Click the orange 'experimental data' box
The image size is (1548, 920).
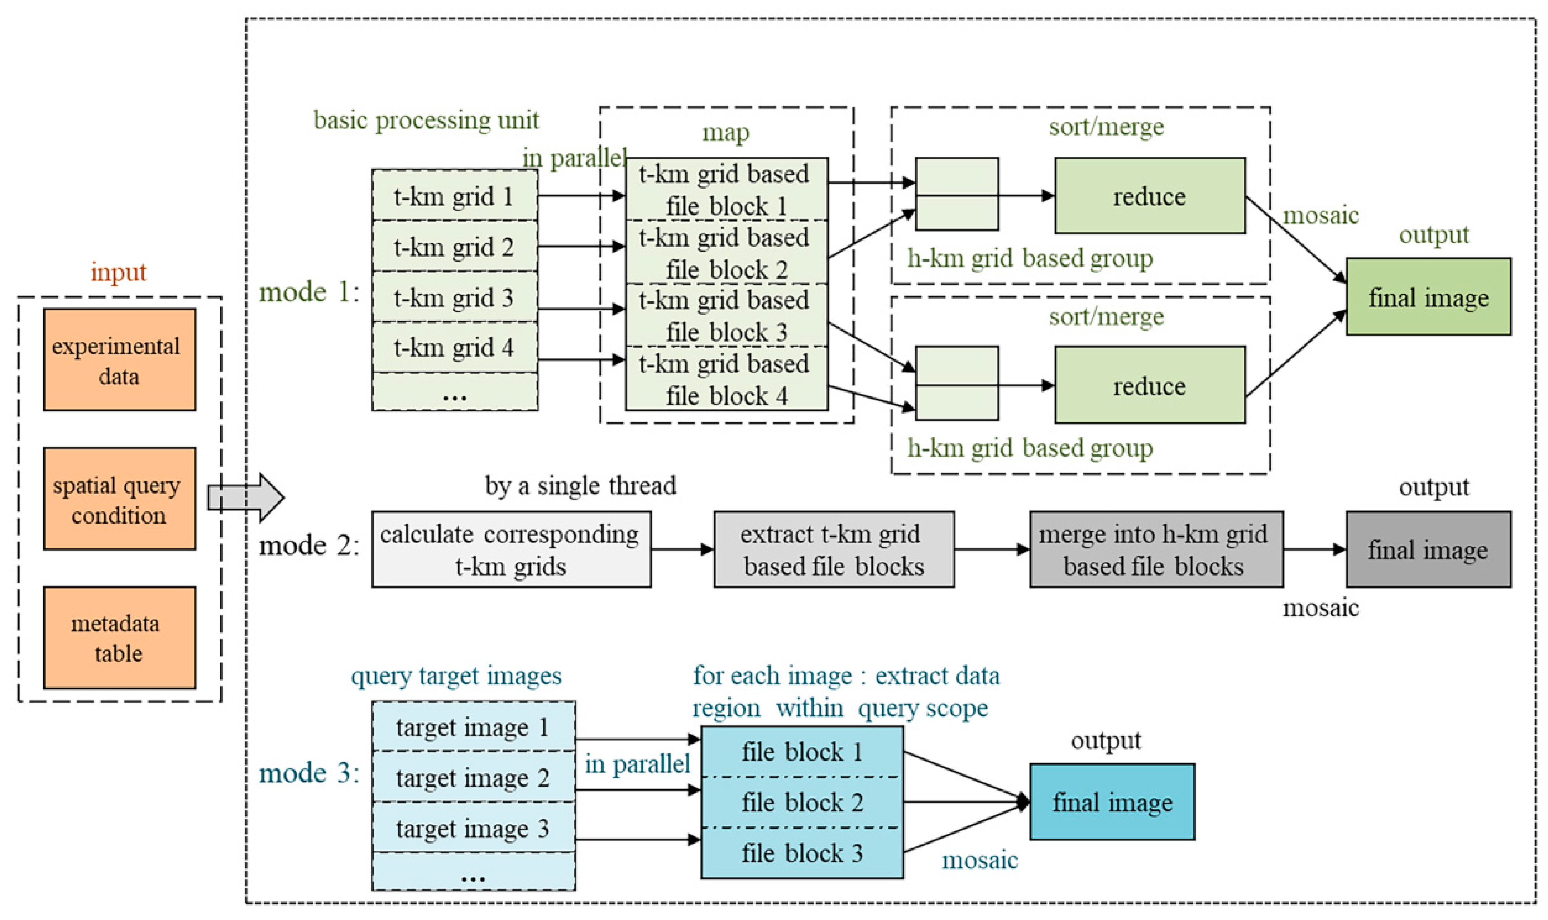119,360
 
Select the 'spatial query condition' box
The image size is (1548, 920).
119,499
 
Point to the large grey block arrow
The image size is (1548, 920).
245,497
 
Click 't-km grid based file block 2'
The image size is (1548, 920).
726,253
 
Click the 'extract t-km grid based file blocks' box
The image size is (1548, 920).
833,549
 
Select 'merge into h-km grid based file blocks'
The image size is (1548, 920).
1155,549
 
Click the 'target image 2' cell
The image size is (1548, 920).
473,777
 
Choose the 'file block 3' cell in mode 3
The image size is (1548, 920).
801,853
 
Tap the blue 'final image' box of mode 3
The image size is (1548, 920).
1112,802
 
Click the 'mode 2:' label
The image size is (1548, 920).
309,546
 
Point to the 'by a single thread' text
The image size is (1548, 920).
580,486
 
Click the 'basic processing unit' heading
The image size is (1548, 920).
426,119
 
